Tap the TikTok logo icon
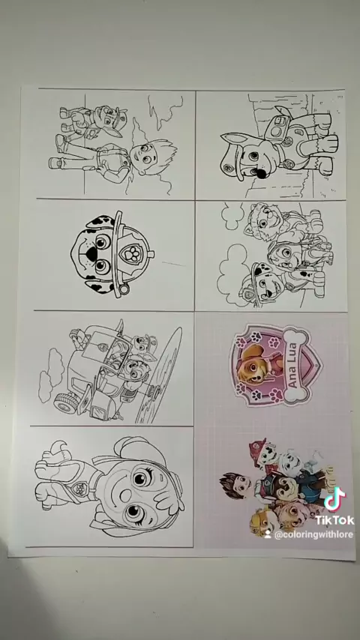pos(334,499)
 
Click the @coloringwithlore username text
pos(313,534)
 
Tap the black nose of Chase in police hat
pos(261,172)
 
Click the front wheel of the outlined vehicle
pos(65,402)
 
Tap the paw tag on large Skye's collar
pos(79,487)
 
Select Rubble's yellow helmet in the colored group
pos(257,522)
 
